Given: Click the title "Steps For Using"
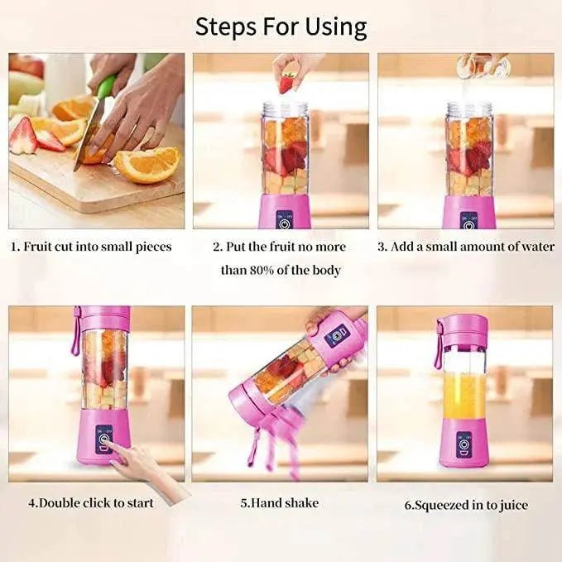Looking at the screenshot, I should [281, 26].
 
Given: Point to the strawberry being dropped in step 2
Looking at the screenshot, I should [287, 82].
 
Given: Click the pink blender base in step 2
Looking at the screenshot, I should [285, 212].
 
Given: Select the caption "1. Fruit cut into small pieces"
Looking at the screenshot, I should [92, 247].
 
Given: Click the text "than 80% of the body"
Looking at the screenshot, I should [281, 270].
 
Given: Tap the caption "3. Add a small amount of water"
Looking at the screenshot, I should [466, 247].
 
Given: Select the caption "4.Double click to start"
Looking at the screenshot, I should [90, 502].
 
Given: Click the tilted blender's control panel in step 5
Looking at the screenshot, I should [338, 335].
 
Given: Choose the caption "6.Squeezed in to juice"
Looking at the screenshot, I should [467, 504].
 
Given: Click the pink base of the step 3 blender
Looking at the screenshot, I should [469, 212].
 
